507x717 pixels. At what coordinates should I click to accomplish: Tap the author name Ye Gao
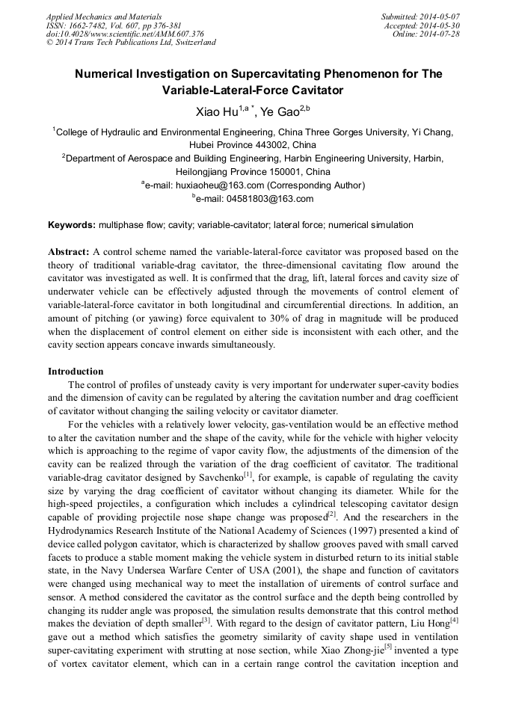279,112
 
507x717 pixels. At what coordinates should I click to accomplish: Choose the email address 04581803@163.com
270,199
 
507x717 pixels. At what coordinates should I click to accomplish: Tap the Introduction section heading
76,372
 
